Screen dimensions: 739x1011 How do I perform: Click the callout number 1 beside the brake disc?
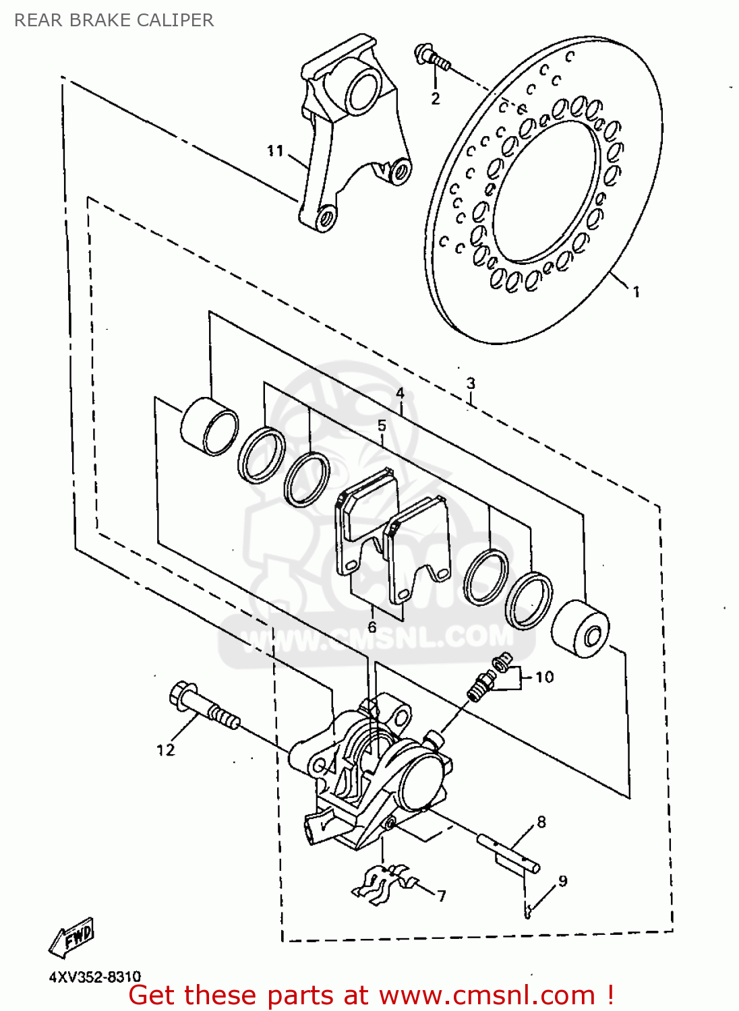point(636,292)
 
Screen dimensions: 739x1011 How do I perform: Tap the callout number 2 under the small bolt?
point(435,98)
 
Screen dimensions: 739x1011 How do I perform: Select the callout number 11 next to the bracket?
point(274,151)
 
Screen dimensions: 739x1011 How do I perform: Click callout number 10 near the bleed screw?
point(544,677)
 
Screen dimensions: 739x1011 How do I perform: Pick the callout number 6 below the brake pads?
point(372,627)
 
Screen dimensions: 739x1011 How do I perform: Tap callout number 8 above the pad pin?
point(541,822)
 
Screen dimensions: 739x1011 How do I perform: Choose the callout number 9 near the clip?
point(562,880)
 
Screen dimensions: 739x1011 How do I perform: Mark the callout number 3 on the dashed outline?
point(471,384)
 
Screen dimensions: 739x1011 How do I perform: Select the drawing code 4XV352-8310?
point(95,977)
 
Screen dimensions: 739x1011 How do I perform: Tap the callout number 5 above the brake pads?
point(382,425)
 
